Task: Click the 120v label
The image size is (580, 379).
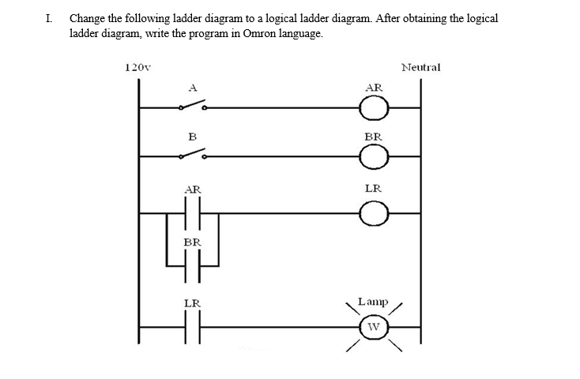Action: pyautogui.click(x=138, y=68)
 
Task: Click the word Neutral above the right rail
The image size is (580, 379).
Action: pyautogui.click(x=420, y=68)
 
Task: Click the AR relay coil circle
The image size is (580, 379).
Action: pyautogui.click(x=375, y=106)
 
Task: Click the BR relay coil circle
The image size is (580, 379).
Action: pyautogui.click(x=375, y=157)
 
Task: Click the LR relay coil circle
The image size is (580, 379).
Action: pyautogui.click(x=375, y=212)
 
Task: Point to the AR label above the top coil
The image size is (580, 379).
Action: pyautogui.click(x=375, y=87)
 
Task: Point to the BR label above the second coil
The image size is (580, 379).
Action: pyautogui.click(x=374, y=137)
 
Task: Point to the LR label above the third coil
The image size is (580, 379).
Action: pyautogui.click(x=374, y=189)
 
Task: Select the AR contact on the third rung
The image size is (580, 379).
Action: pyautogui.click(x=192, y=212)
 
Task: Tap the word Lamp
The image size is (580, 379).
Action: pyautogui.click(x=372, y=302)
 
